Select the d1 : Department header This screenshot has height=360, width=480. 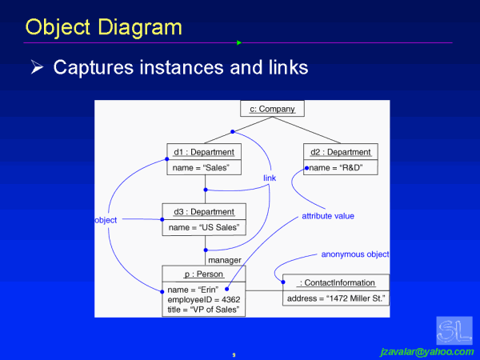point(203,152)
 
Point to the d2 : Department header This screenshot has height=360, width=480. point(341,152)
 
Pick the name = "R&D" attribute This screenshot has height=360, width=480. point(336,168)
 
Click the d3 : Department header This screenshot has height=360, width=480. point(203,212)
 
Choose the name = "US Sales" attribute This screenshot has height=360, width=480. point(204,228)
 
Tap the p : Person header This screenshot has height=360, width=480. point(203,274)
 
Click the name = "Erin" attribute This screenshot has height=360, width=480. point(193,289)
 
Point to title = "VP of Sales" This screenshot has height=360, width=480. point(202,309)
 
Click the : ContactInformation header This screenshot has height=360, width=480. point(336,282)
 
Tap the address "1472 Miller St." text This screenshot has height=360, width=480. point(336,298)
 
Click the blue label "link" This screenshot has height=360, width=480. point(270,178)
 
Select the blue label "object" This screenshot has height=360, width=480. point(106,219)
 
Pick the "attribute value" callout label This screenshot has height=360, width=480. point(328,216)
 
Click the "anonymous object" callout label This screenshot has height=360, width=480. point(355,254)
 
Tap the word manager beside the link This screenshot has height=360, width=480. point(224,260)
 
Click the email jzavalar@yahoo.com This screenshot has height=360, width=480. point(426,351)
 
